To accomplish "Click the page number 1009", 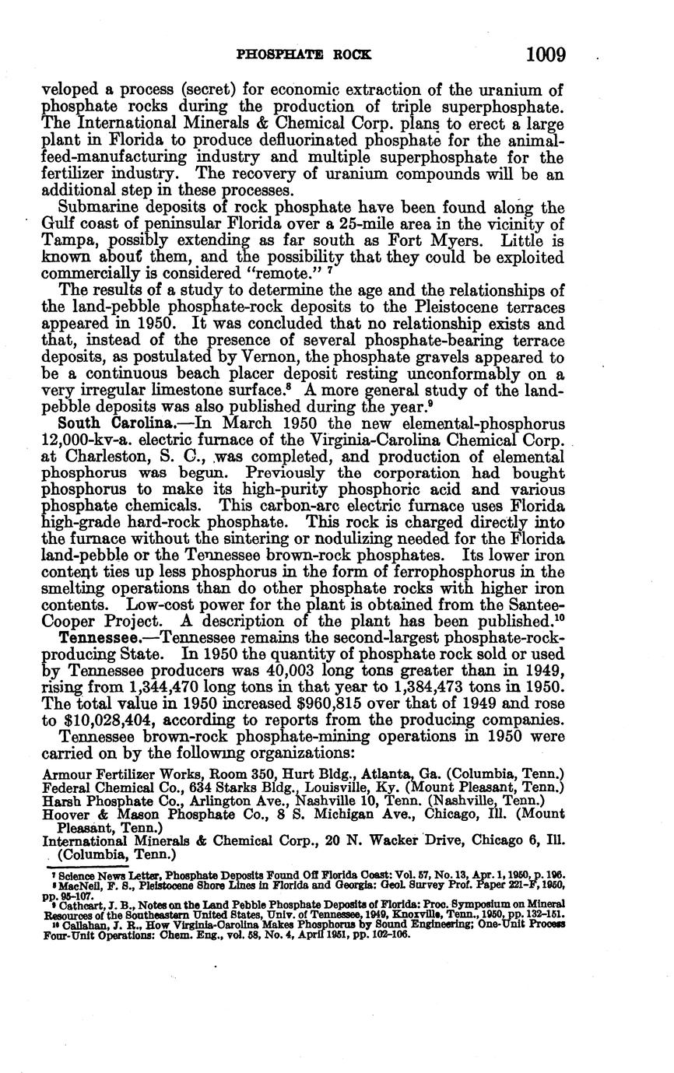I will (545, 55).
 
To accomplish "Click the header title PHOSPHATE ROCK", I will (304, 55).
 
